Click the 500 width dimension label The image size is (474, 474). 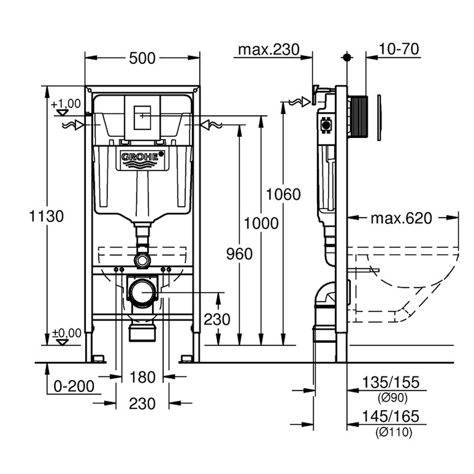point(142,57)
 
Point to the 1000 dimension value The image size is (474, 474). point(260,224)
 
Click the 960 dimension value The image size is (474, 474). point(239,254)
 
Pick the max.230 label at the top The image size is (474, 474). point(269,50)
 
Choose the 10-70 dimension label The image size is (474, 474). point(399,50)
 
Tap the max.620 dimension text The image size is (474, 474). point(401,218)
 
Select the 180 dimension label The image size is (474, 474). point(143,377)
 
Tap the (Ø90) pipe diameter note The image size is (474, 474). point(393,398)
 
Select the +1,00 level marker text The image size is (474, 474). point(66,104)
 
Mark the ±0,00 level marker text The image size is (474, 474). point(67,333)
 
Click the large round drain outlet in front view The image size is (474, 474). point(143,293)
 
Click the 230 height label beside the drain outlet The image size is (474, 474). point(217,320)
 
